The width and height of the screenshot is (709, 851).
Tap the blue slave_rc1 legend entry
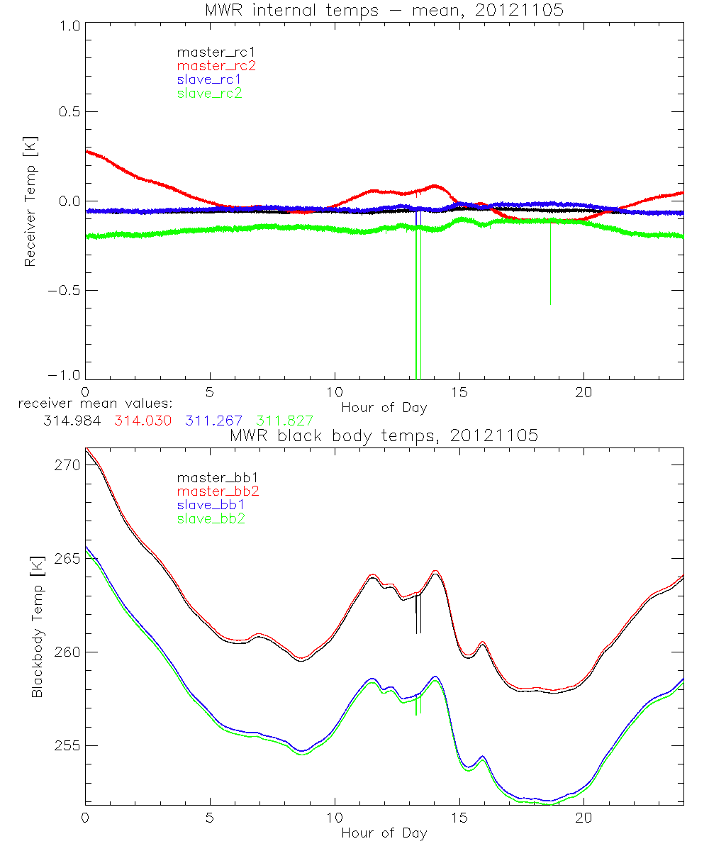coord(203,79)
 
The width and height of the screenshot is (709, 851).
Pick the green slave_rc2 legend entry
coord(203,92)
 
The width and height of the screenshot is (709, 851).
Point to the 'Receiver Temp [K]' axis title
coord(30,201)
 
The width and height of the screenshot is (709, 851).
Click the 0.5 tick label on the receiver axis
coord(69,112)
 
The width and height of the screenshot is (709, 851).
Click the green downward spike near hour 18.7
coord(550,269)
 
